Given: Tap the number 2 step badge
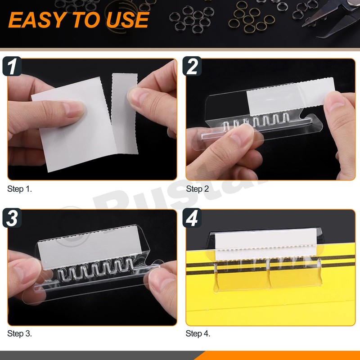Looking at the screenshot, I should point(192,67).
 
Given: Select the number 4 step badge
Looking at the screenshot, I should point(192,218).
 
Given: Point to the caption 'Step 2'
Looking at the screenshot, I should point(198,189).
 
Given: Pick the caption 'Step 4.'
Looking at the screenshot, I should point(198,333).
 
